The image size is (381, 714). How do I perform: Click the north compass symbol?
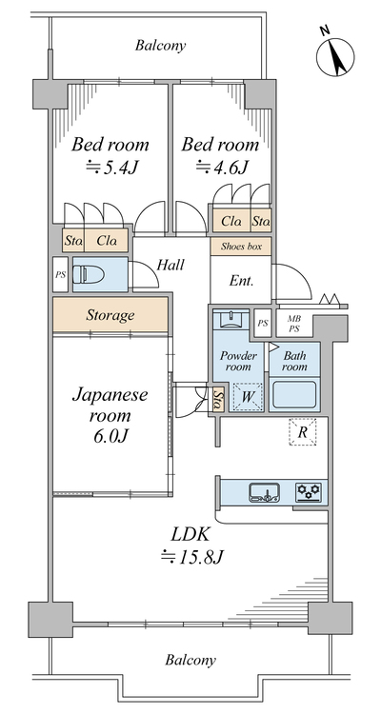coord(335,56)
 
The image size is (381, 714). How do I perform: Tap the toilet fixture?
coord(90,274)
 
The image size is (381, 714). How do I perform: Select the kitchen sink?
coord(265,492)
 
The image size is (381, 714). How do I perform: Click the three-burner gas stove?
coord(309,492)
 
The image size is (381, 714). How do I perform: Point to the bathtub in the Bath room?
coord(294,395)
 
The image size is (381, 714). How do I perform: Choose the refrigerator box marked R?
coord(302,431)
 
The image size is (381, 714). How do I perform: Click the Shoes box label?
coord(242,247)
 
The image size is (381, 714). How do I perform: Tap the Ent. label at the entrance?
coord(241,281)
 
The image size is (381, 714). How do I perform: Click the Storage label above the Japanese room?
coord(110,315)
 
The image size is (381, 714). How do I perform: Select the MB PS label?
coord(294,324)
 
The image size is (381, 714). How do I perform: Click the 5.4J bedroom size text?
coord(111,169)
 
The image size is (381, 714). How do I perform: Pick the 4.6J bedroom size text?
coord(222,168)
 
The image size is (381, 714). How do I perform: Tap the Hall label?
coord(170,265)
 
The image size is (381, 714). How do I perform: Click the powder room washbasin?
coord(232,320)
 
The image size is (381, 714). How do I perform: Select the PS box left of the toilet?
coord(60,274)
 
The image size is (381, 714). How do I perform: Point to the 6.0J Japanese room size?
coord(110,436)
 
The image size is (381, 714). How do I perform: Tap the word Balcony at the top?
coord(160,46)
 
